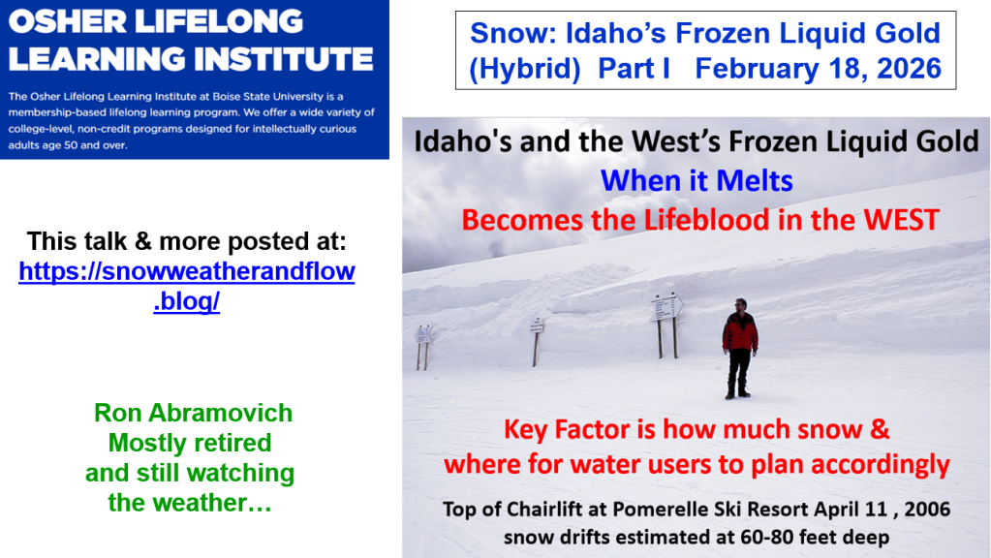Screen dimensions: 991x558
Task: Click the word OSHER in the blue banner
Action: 68,21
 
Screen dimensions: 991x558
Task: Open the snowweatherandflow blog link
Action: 186,286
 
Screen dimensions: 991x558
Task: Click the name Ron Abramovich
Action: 194,413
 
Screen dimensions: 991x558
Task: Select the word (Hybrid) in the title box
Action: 525,69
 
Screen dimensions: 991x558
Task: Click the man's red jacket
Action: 739,330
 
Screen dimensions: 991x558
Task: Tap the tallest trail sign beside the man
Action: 666,325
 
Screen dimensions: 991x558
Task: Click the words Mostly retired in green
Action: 190,443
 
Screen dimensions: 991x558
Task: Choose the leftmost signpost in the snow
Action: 422,347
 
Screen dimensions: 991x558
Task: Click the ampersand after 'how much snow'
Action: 880,430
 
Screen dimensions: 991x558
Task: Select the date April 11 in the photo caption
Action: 851,509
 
